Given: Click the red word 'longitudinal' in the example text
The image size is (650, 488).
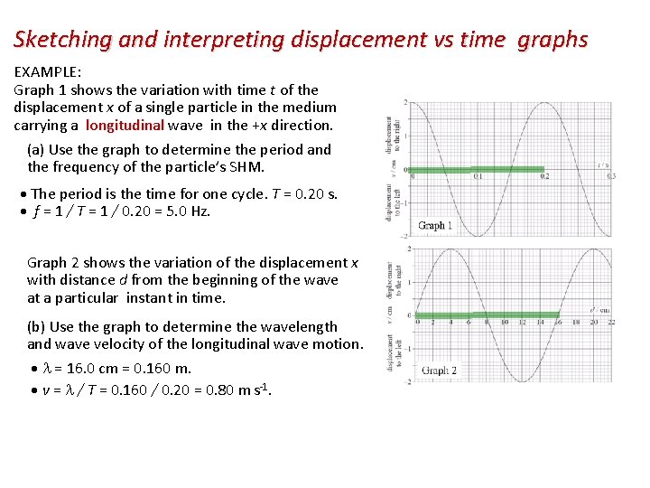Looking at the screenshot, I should [x=125, y=126].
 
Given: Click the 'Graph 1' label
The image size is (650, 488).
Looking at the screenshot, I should [x=435, y=225].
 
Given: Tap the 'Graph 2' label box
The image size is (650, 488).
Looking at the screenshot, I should [x=440, y=371].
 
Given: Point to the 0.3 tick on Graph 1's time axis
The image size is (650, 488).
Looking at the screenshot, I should [x=611, y=176].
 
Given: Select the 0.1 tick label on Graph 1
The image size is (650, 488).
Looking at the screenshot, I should [x=478, y=176].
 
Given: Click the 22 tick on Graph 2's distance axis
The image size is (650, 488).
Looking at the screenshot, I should [x=611, y=322].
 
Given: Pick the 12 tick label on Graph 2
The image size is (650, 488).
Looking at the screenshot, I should [x=522, y=322].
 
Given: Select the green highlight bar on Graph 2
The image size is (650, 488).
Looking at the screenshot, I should [x=487, y=315].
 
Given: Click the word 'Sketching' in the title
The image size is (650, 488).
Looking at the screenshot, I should [x=60, y=40].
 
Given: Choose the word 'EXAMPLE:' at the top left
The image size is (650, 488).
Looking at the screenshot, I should [x=47, y=71].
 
